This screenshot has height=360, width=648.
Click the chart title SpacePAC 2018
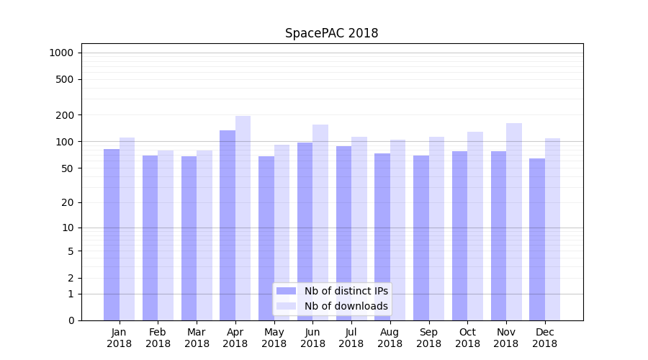coord(331,33)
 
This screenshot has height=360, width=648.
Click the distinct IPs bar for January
coord(112,234)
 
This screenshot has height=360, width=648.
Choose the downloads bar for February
coord(166,235)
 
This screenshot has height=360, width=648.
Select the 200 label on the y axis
coord(66,115)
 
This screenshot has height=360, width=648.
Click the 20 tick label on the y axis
coord(68,202)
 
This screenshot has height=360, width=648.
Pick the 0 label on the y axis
coord(71,320)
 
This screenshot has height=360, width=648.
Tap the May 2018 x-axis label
coord(274,338)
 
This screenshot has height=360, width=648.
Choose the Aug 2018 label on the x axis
coord(390,338)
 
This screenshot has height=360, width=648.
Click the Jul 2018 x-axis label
coord(351,338)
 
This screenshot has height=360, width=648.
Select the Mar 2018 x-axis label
coord(197,338)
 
